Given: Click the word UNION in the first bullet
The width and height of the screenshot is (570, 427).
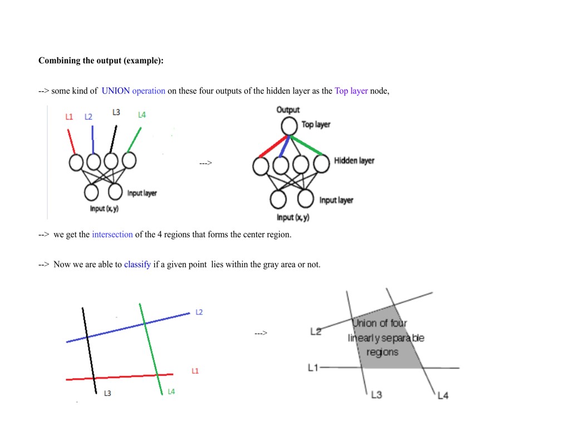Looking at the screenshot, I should (x=116, y=91).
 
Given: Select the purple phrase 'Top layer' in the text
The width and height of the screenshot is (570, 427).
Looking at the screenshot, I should (x=351, y=91).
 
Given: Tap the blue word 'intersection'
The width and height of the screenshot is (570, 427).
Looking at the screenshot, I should (x=112, y=235).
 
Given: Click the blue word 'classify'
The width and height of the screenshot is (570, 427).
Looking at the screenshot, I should (x=137, y=265).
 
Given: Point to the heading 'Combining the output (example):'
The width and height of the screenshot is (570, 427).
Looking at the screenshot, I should (x=101, y=61).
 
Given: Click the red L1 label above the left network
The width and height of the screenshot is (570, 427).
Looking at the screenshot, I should (x=69, y=117).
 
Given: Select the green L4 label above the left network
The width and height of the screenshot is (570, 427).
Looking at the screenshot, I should (x=142, y=115).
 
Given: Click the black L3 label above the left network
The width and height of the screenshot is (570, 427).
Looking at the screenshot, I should (x=116, y=112).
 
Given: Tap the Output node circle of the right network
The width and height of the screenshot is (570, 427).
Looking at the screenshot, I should (x=289, y=126).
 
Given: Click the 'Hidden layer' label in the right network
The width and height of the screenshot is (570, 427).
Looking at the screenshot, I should (x=354, y=161).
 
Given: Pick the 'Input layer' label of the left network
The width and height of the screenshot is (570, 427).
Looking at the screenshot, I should (x=142, y=193).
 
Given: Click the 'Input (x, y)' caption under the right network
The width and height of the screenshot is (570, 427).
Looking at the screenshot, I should (x=293, y=217).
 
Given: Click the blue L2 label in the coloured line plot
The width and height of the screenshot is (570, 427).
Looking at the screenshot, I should (x=199, y=312).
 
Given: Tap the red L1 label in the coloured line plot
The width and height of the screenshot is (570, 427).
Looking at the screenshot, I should (x=195, y=371).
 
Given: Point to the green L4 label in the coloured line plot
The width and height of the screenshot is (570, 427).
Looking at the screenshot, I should (x=171, y=391).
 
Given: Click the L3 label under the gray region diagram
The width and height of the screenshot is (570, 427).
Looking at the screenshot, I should (x=377, y=395).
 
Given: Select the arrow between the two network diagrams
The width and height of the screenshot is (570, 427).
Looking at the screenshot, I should (x=205, y=163).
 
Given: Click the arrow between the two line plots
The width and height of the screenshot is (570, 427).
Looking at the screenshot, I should (x=261, y=333).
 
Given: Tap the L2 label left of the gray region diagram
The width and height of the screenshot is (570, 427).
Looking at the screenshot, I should (x=316, y=332).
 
